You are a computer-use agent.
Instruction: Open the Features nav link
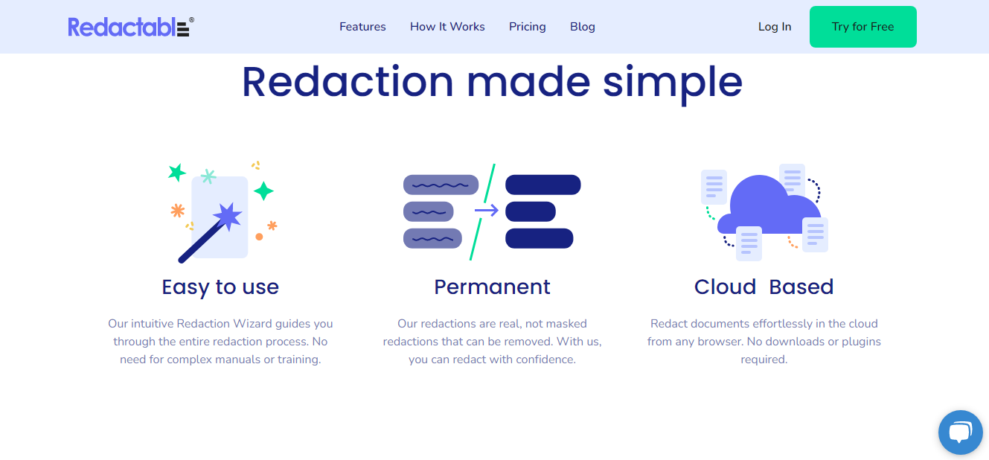tap(362, 27)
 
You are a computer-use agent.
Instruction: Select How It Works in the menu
tap(447, 27)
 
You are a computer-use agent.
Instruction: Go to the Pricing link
tap(527, 27)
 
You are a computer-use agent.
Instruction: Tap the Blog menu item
tap(582, 27)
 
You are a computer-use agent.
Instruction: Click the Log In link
tap(774, 27)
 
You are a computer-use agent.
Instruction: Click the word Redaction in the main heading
tap(348, 82)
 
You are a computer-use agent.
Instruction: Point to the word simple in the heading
tap(673, 82)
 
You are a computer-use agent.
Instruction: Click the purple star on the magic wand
tap(228, 216)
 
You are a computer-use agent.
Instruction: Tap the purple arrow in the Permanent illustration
tap(487, 211)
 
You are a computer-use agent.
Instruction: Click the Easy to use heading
tap(220, 287)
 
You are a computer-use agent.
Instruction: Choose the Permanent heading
tap(492, 287)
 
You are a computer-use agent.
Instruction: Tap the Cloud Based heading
tap(764, 287)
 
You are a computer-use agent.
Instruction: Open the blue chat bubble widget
tap(960, 432)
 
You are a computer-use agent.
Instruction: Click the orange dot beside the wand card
tap(259, 237)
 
